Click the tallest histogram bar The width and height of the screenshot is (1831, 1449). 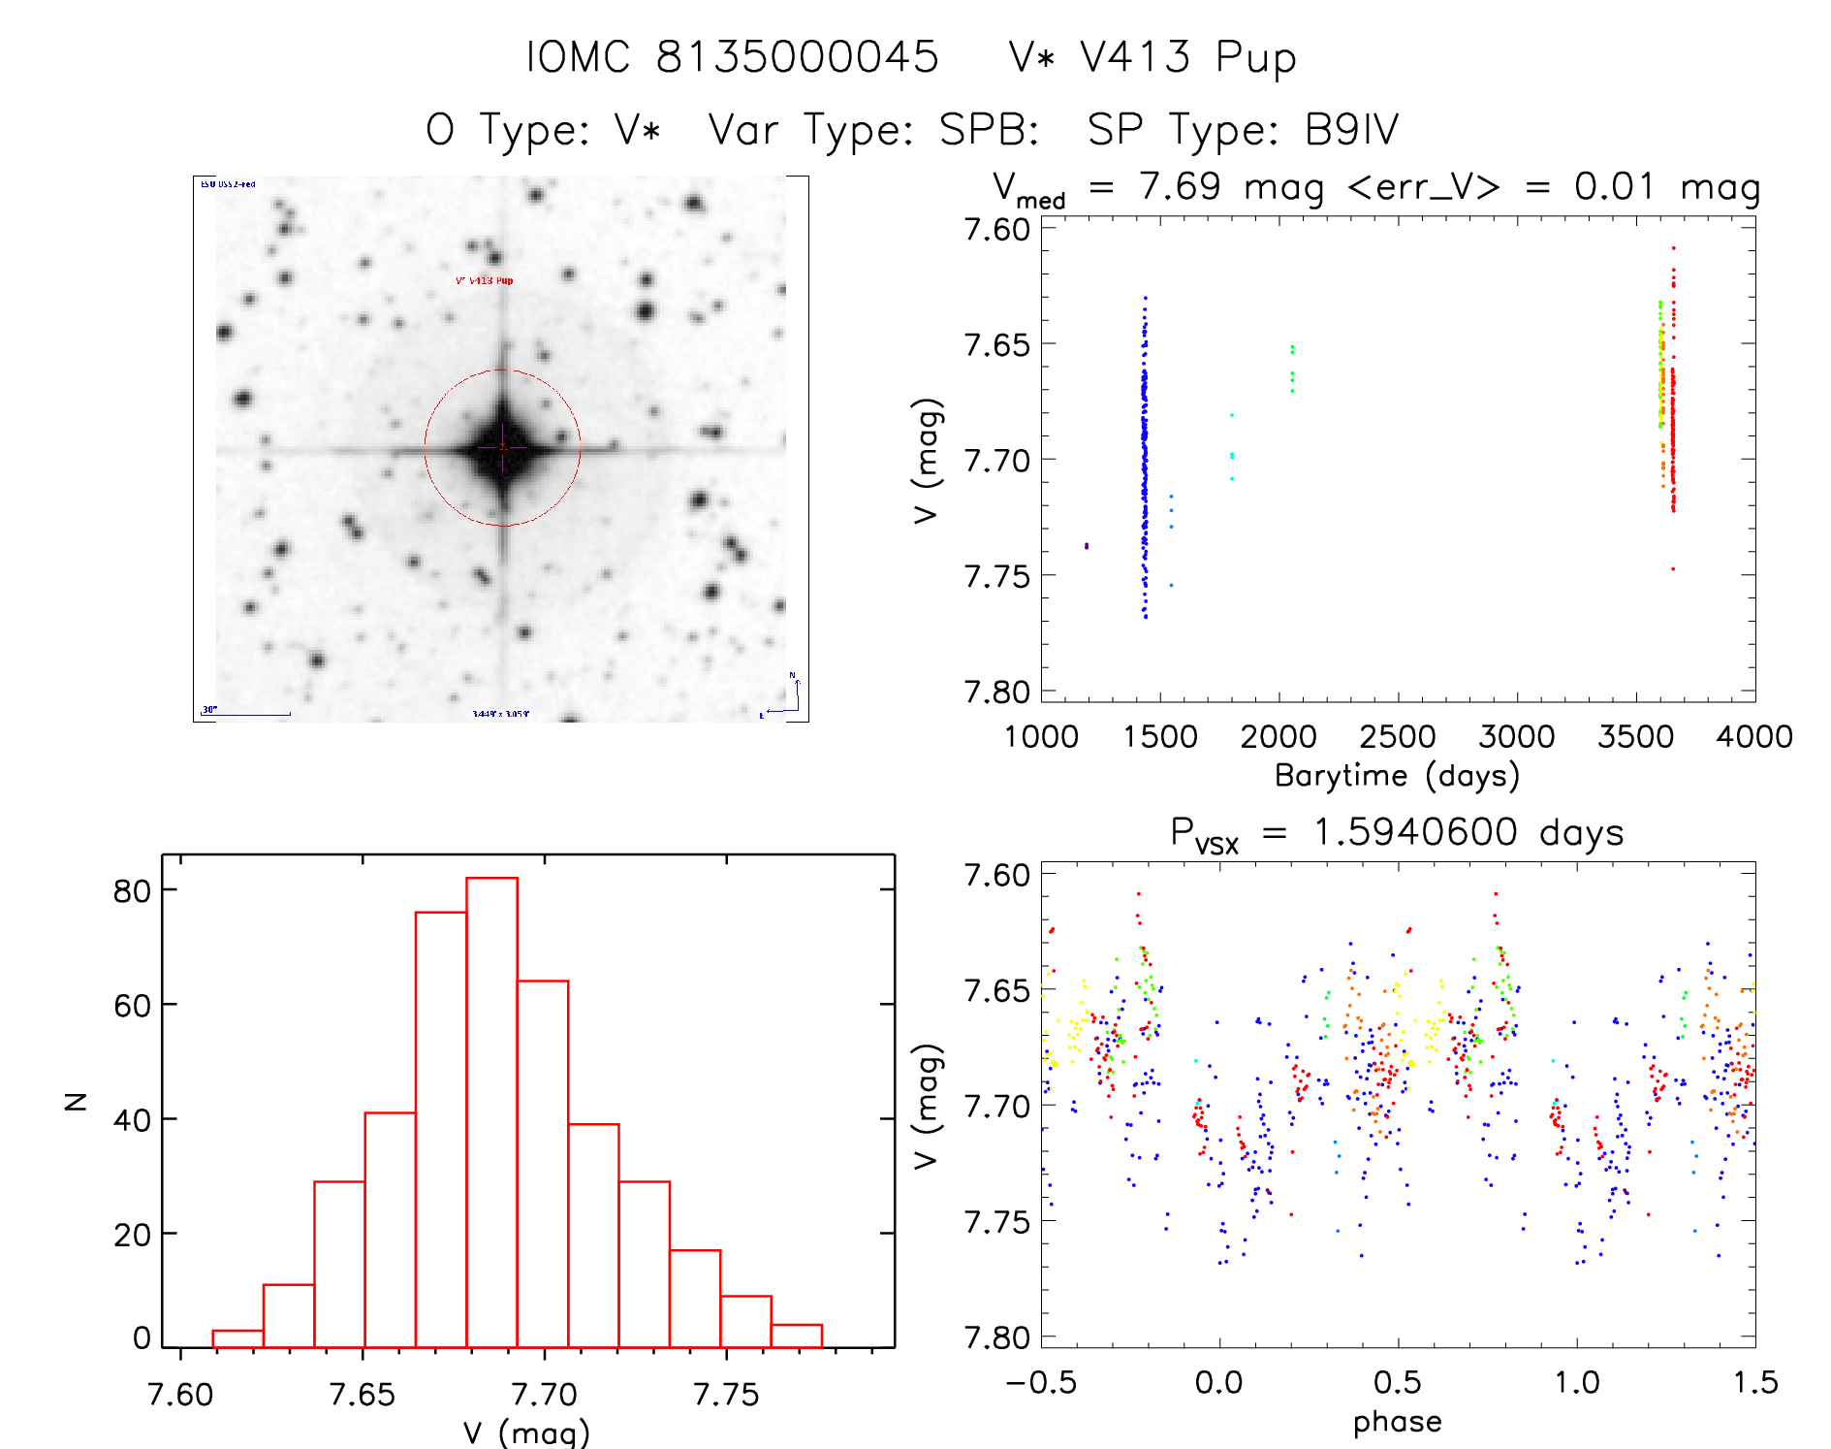[x=491, y=1111]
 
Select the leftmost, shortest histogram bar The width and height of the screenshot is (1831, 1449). [x=237, y=1338]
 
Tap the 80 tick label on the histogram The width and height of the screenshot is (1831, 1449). [x=132, y=890]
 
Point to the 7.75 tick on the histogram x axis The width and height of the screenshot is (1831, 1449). [x=726, y=1395]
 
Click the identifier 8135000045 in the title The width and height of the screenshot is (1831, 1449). [x=797, y=56]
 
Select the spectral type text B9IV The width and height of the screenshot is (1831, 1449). [x=1351, y=130]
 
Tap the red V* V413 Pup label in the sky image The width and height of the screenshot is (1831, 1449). [x=484, y=280]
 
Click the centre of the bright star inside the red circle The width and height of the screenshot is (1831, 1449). [x=502, y=447]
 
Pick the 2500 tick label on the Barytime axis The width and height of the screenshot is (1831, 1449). [x=1397, y=737]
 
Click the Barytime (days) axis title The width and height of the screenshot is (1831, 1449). [x=1397, y=776]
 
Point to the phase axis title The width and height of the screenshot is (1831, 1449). [x=1397, y=1422]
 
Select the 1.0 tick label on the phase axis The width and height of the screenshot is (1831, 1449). [x=1576, y=1382]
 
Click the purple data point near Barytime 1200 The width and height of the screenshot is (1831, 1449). [x=1087, y=546]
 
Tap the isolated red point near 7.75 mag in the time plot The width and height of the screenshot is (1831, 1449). [x=1673, y=569]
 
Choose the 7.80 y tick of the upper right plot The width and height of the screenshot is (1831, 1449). [x=996, y=692]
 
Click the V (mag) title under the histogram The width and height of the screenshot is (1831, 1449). [x=526, y=1433]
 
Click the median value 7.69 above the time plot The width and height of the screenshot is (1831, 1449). [x=1179, y=186]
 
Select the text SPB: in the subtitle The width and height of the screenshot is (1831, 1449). [x=989, y=130]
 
